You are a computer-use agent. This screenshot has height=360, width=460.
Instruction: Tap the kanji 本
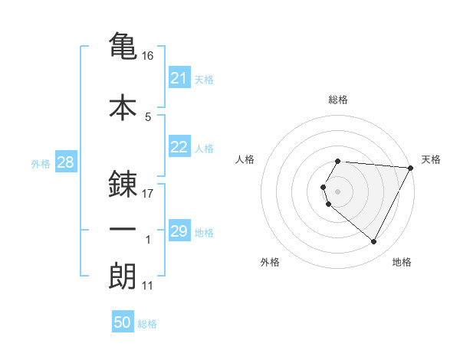(123, 107)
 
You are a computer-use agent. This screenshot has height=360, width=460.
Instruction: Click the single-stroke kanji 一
(123, 230)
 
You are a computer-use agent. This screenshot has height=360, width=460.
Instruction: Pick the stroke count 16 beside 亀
(149, 56)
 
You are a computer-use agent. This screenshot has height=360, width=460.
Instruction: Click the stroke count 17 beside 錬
(149, 194)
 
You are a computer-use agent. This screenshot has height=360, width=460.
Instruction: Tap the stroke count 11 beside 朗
(148, 286)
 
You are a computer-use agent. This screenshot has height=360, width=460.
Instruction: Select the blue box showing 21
(179, 78)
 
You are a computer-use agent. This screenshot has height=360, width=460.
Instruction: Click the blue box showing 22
(179, 148)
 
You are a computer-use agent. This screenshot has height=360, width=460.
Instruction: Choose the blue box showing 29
(179, 231)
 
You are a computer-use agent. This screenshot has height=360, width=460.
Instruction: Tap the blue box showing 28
(65, 163)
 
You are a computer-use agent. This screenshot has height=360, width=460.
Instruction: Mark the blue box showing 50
(123, 322)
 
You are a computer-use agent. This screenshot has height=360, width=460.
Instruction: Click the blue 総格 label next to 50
(147, 324)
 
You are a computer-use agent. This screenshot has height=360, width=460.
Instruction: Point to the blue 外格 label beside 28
(41, 164)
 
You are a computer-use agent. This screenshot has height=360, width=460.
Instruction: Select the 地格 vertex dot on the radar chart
(374, 242)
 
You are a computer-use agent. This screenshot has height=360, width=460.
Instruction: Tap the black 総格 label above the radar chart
(337, 100)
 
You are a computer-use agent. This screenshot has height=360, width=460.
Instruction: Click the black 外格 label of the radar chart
(270, 262)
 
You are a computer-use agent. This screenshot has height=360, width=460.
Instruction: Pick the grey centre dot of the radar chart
(337, 191)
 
